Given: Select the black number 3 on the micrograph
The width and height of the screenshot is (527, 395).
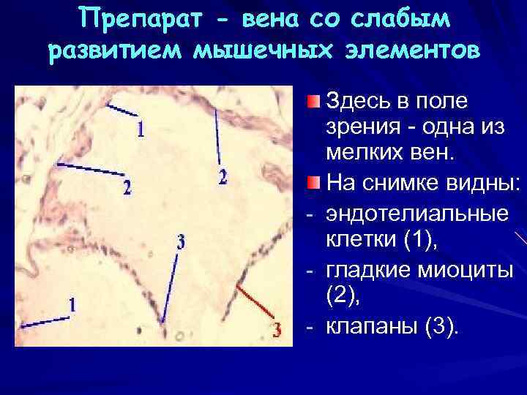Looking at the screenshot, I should click(180, 241).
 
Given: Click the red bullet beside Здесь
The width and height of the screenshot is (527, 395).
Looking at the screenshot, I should click(313, 100).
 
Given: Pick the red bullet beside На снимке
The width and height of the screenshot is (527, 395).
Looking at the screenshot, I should click(313, 181).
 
